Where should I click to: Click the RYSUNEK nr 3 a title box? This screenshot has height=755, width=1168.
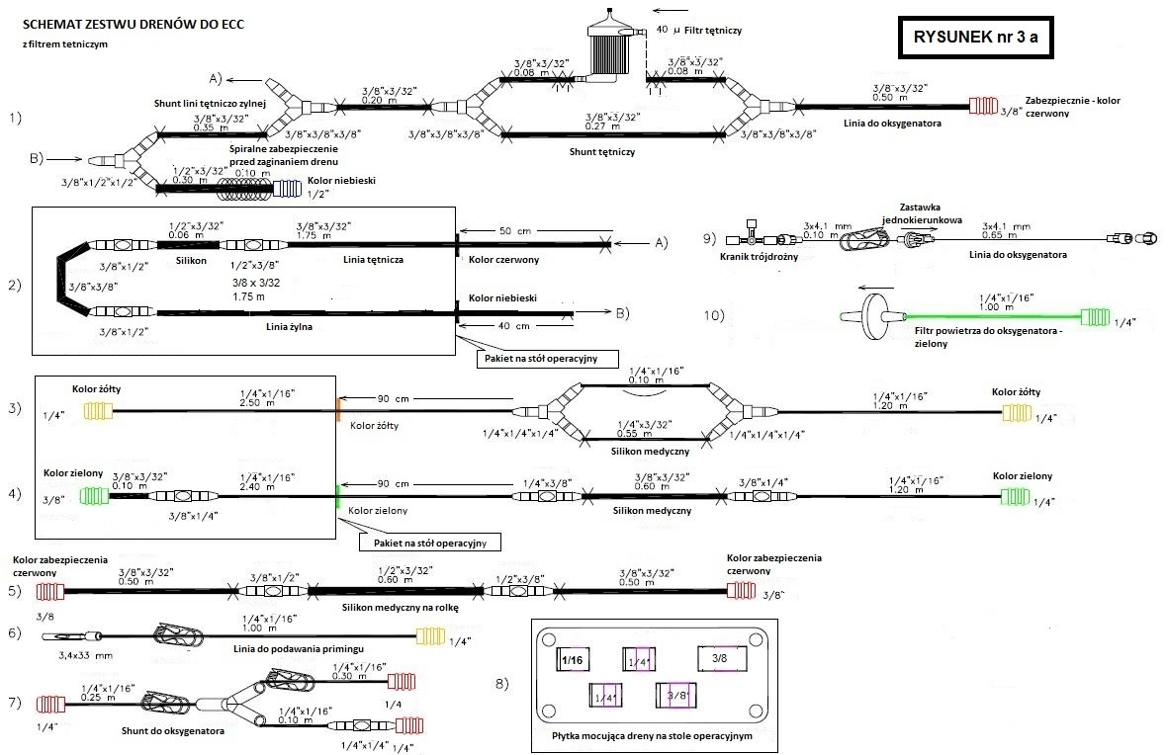pyautogui.click(x=974, y=39)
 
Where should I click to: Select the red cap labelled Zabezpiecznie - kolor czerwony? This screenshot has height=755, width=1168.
pyautogui.click(x=983, y=106)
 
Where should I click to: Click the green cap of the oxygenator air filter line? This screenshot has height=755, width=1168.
pyautogui.click(x=1095, y=316)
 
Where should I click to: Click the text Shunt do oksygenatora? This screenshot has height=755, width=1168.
pyautogui.click(x=175, y=731)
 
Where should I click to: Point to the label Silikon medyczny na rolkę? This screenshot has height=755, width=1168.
pyautogui.click(x=400, y=608)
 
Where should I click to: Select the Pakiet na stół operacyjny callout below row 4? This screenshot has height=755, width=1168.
pyautogui.click(x=429, y=542)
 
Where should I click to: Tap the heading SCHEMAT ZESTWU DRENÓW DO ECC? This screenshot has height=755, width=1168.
pyautogui.click(x=134, y=24)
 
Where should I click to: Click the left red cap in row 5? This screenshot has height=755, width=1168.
pyautogui.click(x=49, y=592)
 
